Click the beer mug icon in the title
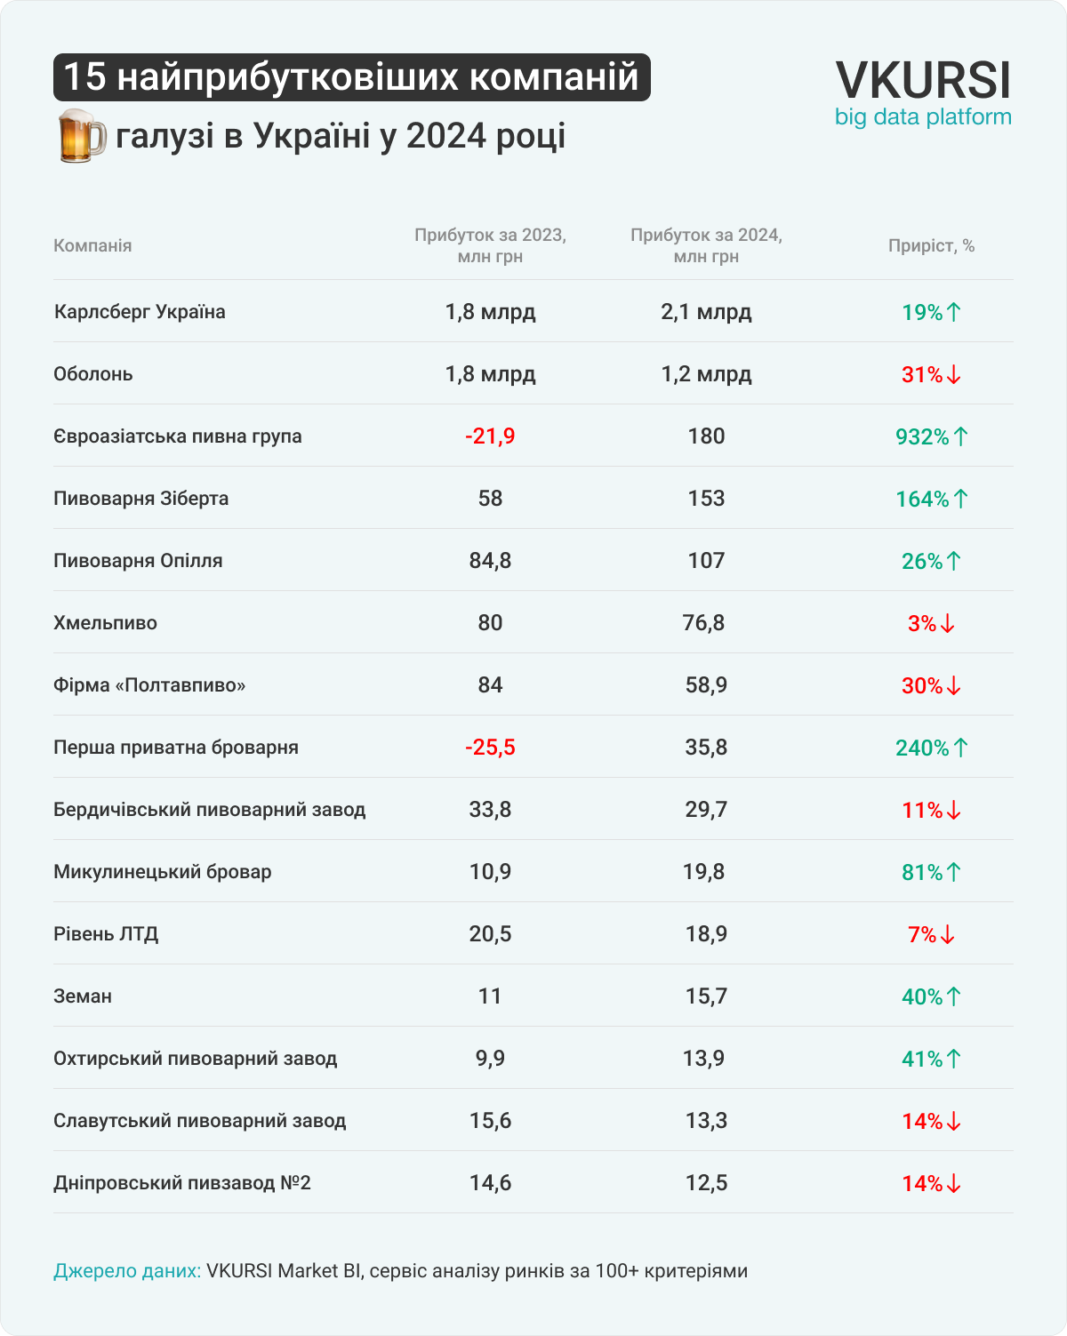[x=80, y=136]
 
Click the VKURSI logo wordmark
[x=923, y=80]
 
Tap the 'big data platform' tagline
[x=923, y=117]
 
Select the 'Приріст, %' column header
[x=931, y=246]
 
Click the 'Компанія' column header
[x=92, y=246]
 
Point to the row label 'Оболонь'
[x=93, y=374]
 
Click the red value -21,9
[x=490, y=436]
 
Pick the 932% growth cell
[x=931, y=436]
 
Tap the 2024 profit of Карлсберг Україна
[x=706, y=312]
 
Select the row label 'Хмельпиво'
[x=105, y=623]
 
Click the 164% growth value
[x=931, y=499]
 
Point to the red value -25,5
[x=490, y=748]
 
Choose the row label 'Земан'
[x=83, y=996]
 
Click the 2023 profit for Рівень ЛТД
[x=490, y=934]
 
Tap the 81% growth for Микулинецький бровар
[x=931, y=872]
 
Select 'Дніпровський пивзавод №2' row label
[x=182, y=1183]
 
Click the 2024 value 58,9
[x=706, y=685]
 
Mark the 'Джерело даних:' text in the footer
[x=127, y=1271]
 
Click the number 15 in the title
[x=84, y=77]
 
